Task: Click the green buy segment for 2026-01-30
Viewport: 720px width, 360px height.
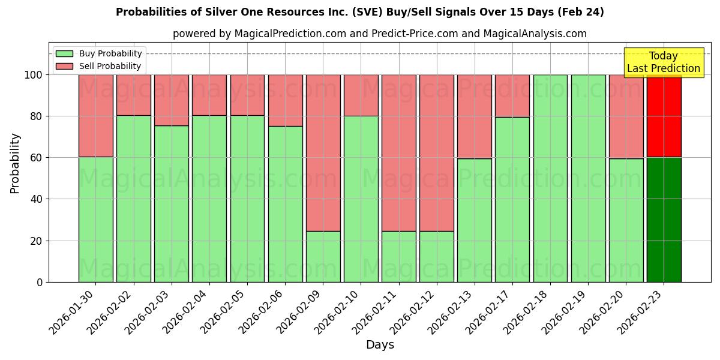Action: point(95,219)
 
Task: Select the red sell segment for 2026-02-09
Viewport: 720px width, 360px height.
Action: point(323,152)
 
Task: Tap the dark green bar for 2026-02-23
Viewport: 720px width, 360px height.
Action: point(664,219)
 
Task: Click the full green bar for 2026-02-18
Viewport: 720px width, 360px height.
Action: point(550,178)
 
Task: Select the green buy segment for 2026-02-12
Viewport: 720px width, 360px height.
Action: point(437,256)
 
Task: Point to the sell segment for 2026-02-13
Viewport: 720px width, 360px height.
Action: point(475,116)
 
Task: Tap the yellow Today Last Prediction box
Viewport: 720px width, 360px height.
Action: point(663,62)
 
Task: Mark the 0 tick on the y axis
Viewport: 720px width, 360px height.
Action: point(39,282)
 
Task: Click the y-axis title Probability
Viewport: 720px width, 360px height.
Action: point(15,163)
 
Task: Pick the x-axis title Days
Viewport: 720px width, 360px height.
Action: point(380,345)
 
